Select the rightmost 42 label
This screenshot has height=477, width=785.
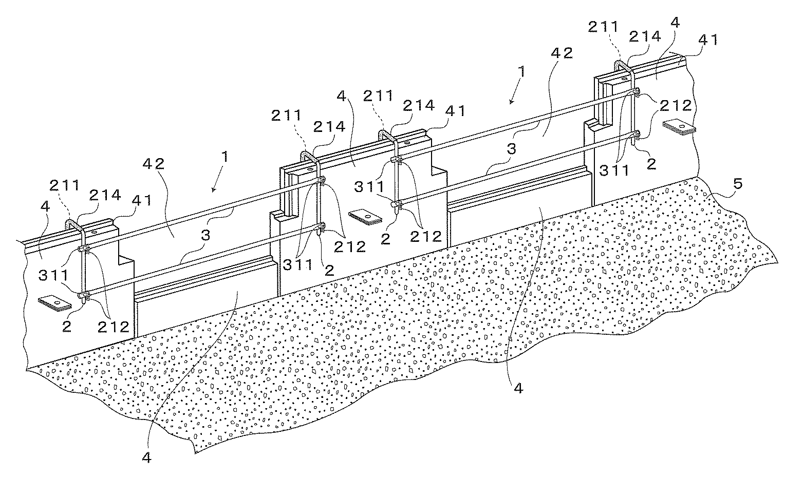click(x=563, y=53)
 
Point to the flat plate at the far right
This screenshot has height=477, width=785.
click(x=678, y=126)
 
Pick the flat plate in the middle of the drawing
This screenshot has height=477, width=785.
click(x=365, y=217)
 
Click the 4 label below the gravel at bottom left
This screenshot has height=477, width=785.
click(x=147, y=459)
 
